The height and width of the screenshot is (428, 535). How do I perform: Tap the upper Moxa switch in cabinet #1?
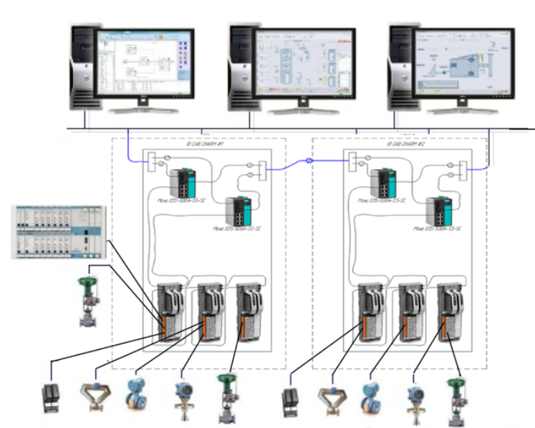[187, 182]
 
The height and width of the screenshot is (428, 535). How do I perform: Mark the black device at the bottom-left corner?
[52, 397]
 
